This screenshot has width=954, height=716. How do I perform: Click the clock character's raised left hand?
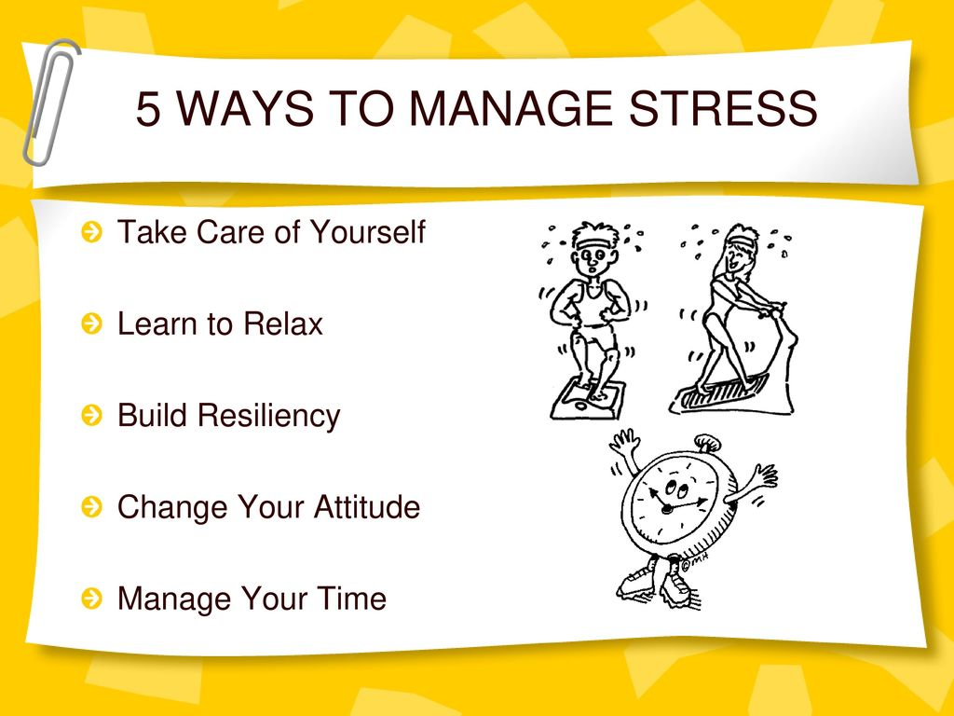click(623, 443)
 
